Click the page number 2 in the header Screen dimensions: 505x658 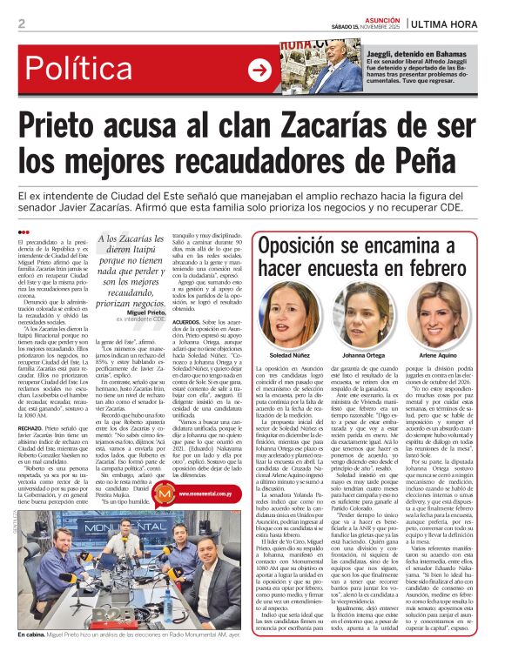click(21, 23)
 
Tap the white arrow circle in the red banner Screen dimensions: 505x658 click(259, 71)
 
